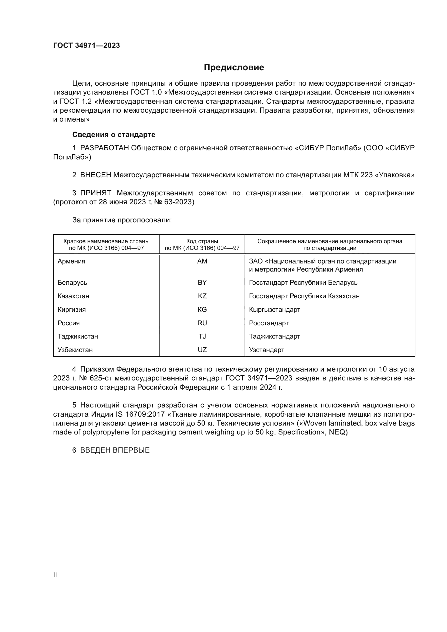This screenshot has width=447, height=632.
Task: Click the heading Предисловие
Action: [x=234, y=68]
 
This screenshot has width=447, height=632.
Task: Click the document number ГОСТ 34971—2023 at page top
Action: [x=86, y=46]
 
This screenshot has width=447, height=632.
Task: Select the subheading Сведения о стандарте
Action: [x=114, y=135]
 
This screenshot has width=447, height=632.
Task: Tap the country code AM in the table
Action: [x=202, y=261]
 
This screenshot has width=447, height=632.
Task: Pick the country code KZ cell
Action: [x=202, y=296]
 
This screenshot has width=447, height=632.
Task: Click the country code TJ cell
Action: [x=202, y=336]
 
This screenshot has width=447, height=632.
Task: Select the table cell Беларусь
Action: [x=72, y=283]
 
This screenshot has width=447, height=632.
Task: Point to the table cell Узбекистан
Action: [x=75, y=350]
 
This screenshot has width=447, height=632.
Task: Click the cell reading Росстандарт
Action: [x=269, y=323]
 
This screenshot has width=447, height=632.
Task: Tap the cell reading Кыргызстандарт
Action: [x=274, y=310]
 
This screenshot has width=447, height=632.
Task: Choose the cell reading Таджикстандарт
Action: [x=274, y=336]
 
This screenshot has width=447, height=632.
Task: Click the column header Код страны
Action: [x=202, y=241]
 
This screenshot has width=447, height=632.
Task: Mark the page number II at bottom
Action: [x=55, y=575]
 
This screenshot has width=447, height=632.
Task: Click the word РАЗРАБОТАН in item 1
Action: [x=105, y=148]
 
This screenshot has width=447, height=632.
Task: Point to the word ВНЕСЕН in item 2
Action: [x=95, y=175]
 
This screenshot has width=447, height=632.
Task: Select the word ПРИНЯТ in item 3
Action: [x=96, y=193]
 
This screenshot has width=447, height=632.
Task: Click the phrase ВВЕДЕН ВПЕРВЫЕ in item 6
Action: [x=115, y=450]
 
